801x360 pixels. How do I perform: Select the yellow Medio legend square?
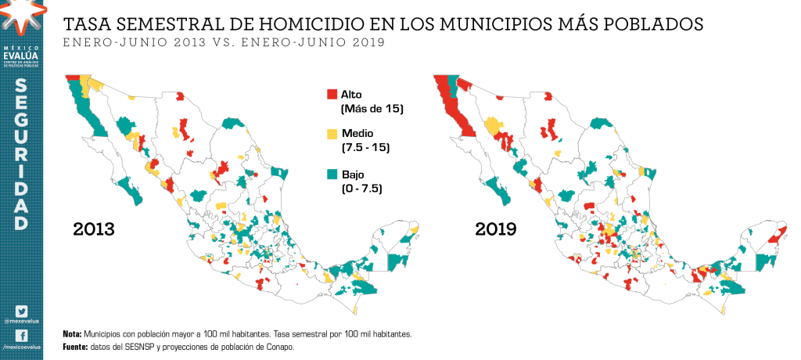point(332,133)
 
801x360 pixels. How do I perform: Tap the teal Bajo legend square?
point(332,174)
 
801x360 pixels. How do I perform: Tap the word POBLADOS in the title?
point(656,24)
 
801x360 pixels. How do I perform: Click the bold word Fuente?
point(76,346)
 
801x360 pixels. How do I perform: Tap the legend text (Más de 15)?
point(372,108)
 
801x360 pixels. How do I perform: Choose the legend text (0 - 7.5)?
point(362,188)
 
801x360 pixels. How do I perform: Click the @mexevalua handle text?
point(21,321)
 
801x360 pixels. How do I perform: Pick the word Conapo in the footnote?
point(278,346)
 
